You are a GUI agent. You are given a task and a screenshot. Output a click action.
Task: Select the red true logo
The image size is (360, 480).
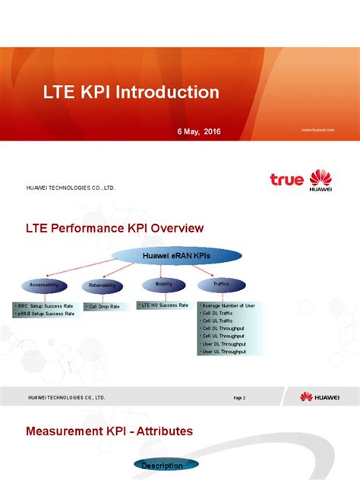tap(286, 180)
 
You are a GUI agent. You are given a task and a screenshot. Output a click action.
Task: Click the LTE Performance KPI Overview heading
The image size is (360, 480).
tap(115, 228)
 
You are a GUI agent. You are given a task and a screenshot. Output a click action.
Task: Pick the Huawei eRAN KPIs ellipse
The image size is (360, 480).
tap(177, 256)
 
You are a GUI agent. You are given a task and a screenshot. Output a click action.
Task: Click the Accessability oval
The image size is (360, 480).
tap(44, 286)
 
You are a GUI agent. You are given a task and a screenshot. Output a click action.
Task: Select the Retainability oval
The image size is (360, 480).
tap(103, 286)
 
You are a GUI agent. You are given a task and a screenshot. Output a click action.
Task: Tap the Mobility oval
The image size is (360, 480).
tap(163, 284)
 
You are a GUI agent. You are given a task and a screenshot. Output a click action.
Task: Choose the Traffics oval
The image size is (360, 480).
tap(221, 285)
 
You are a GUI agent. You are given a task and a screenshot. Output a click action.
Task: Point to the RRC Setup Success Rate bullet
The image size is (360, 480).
tap(45, 305)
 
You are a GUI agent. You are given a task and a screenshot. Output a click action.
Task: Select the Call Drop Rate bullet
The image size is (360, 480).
tap(104, 306)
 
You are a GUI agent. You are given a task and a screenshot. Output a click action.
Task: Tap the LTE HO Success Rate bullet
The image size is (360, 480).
tap(164, 305)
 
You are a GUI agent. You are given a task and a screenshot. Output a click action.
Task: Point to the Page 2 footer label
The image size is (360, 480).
tap(239, 397)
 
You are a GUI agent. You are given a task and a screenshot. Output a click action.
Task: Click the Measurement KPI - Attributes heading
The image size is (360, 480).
tap(109, 431)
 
